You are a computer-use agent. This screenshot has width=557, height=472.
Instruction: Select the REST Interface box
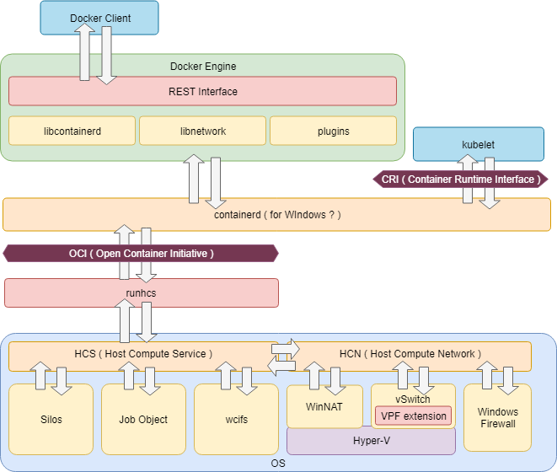tap(202, 91)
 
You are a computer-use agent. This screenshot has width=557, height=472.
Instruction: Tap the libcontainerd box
tap(72, 131)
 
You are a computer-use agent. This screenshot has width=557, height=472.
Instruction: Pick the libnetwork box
tap(202, 131)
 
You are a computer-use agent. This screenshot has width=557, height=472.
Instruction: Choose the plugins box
tap(333, 131)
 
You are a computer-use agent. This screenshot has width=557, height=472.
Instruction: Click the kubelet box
tap(478, 144)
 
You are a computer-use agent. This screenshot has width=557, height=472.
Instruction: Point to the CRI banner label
tap(460, 180)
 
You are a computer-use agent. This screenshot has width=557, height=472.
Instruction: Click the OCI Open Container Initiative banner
tap(141, 253)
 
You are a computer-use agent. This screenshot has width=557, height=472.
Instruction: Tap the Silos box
tap(51, 419)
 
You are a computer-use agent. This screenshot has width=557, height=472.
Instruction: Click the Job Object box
tap(143, 419)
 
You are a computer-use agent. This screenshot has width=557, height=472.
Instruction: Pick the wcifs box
tap(236, 419)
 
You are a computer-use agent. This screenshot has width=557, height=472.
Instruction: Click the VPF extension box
tap(413, 416)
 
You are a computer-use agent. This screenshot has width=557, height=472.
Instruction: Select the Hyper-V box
tap(371, 441)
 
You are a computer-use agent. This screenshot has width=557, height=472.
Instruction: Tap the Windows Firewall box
tap(497, 418)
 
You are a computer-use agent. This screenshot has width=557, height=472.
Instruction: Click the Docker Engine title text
tap(202, 66)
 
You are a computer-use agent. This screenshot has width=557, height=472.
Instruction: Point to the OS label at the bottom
tap(278, 463)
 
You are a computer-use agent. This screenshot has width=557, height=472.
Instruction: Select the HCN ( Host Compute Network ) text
tap(410, 354)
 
